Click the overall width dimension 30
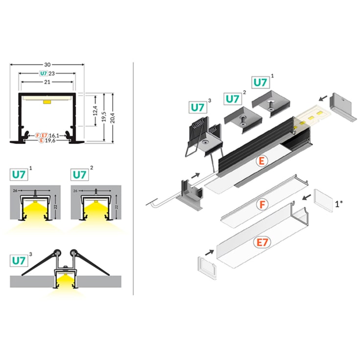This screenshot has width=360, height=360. click(x=47, y=64)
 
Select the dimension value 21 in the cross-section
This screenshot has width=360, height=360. click(x=47, y=82)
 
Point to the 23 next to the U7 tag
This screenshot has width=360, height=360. click(x=52, y=73)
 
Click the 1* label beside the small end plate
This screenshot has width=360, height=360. click(x=339, y=202)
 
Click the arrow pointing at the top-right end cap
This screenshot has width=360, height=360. click(x=323, y=98)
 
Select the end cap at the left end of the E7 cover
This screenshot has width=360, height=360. click(x=206, y=264)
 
